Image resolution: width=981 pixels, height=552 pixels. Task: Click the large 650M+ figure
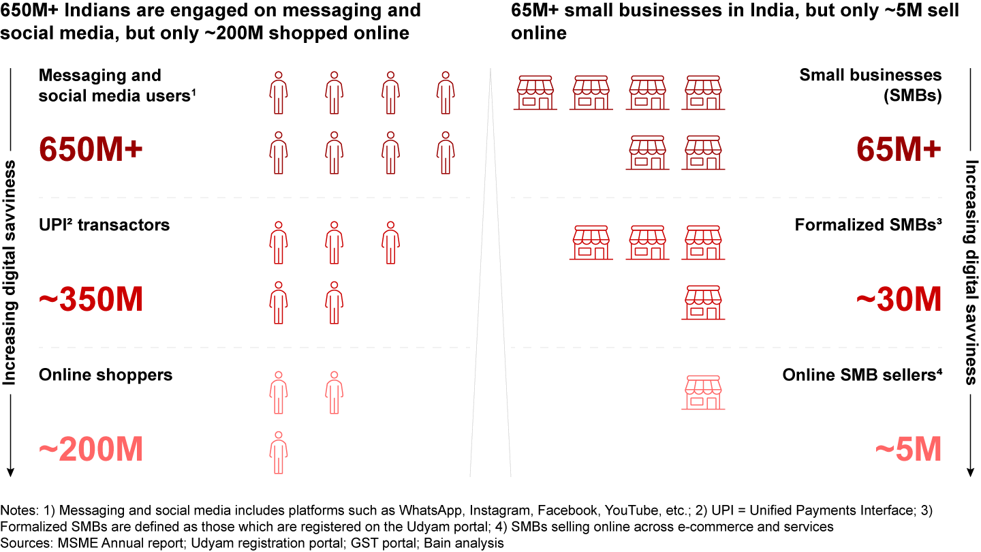[x=90, y=150]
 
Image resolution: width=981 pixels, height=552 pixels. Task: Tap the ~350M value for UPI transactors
[x=91, y=300]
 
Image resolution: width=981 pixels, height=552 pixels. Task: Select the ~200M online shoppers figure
[x=91, y=450]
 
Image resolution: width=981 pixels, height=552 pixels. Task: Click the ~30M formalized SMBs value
[x=899, y=300]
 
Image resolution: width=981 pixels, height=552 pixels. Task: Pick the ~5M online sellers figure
[x=908, y=450]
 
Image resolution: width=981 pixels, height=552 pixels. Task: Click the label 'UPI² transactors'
[x=104, y=225]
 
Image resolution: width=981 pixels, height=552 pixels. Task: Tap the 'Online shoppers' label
[x=106, y=375]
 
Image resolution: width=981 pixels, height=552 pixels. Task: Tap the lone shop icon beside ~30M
[x=703, y=303]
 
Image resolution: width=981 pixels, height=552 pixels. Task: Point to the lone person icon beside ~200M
[x=277, y=453]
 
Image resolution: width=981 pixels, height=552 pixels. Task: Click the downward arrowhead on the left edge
[x=10, y=472]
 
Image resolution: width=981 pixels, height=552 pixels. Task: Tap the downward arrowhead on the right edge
[x=971, y=472]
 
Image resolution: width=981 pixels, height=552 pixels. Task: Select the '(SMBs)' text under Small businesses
[x=912, y=96]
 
